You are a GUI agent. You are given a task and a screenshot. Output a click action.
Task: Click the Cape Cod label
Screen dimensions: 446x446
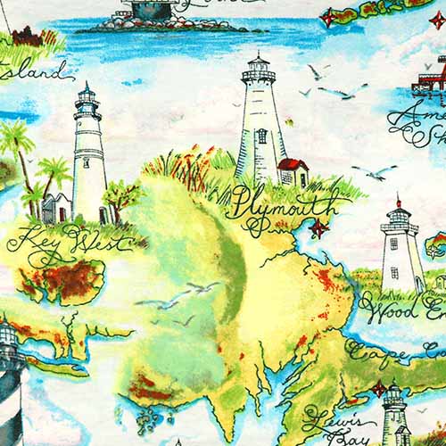click(392, 353)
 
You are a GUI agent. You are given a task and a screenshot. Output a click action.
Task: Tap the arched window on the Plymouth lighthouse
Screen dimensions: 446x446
click(261, 136)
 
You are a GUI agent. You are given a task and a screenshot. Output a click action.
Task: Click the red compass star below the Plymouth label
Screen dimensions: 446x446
click(318, 227)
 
